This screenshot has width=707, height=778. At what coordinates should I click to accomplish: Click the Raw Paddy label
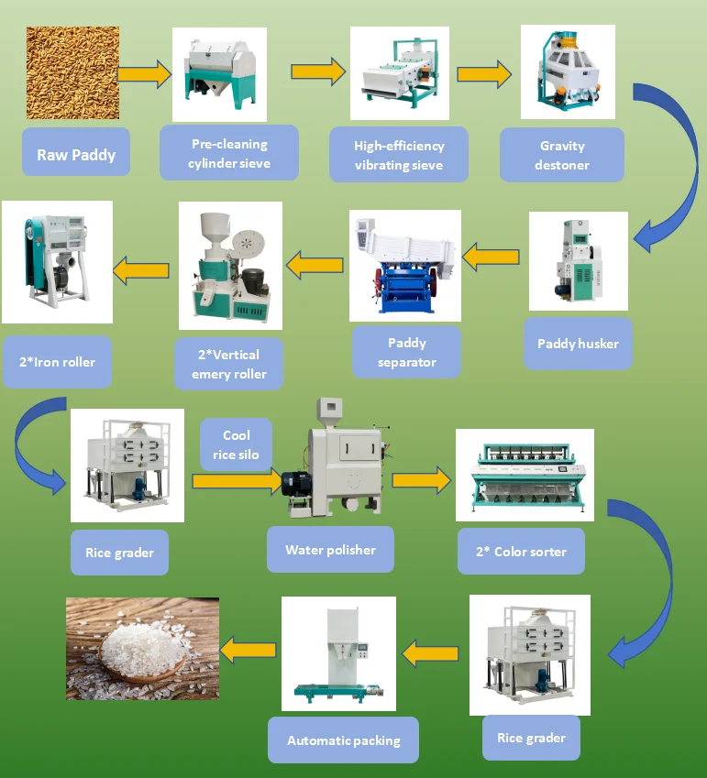pyautogui.click(x=76, y=154)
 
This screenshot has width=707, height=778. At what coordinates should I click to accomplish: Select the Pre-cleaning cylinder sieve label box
pyautogui.click(x=228, y=154)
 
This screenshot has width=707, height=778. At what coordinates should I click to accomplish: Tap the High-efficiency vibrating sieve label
pyautogui.click(x=399, y=156)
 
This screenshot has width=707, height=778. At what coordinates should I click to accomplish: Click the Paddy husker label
pyautogui.click(x=578, y=344)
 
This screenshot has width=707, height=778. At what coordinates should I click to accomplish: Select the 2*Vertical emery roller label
pyautogui.click(x=230, y=364)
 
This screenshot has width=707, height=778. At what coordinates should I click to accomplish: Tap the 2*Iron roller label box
pyautogui.click(x=58, y=361)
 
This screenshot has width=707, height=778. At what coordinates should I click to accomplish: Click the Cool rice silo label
pyautogui.click(x=236, y=444)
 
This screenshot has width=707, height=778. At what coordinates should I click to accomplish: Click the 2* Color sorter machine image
pyautogui.click(x=525, y=474)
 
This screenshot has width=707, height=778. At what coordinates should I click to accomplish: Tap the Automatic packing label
pyautogui.click(x=344, y=740)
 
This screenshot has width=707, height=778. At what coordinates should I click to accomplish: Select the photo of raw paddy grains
pyautogui.click(x=72, y=73)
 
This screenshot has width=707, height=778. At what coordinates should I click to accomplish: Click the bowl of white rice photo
pyautogui.click(x=142, y=648)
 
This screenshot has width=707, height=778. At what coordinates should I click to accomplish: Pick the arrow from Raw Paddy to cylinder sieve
pyautogui.click(x=144, y=73)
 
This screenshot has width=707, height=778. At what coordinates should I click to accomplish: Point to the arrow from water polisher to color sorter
pyautogui.click(x=422, y=478)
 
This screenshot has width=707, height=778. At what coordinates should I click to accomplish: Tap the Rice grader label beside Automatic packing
pyautogui.click(x=531, y=738)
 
